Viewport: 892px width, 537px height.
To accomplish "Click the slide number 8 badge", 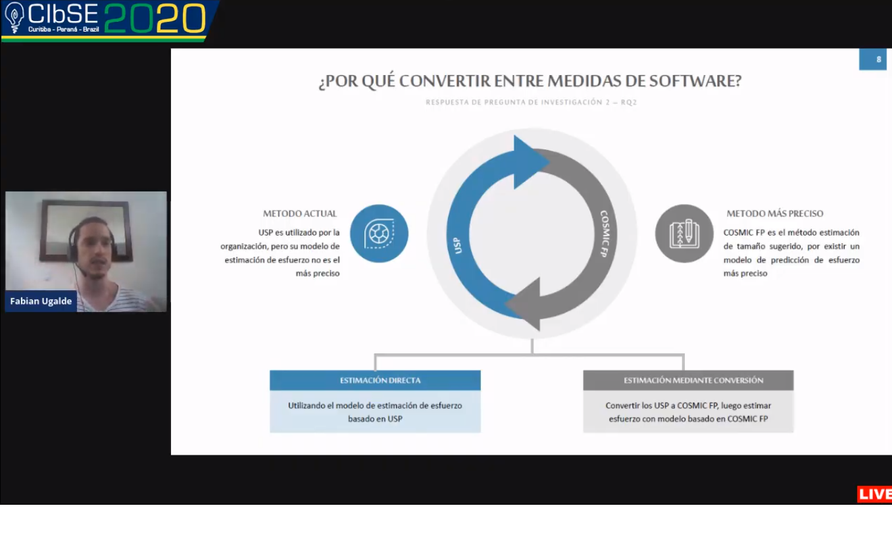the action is pyautogui.click(x=872, y=59).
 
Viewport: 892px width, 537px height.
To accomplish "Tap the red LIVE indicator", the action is pyautogui.click(x=874, y=494).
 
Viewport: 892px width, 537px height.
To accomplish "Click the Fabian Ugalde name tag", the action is pyautogui.click(x=41, y=301).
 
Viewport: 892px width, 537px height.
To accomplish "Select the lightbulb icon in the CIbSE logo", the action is pyautogui.click(x=14, y=17).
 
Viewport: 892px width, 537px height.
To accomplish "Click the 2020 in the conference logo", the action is pyautogui.click(x=155, y=18).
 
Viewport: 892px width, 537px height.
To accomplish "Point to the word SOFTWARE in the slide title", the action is pyautogui.click(x=695, y=81).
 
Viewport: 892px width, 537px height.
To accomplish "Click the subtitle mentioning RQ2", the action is pyautogui.click(x=532, y=103).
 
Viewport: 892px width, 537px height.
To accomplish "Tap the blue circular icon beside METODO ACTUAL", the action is pyautogui.click(x=379, y=234).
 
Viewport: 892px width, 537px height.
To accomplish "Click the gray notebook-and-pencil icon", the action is pyautogui.click(x=684, y=234).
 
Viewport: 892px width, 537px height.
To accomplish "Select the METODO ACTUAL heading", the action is pyautogui.click(x=300, y=213).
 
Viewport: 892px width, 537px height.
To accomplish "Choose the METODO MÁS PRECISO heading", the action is pyautogui.click(x=775, y=213).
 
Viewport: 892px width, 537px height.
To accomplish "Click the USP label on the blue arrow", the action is pyautogui.click(x=458, y=245).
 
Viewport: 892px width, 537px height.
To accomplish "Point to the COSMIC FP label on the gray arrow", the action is pyautogui.click(x=605, y=234).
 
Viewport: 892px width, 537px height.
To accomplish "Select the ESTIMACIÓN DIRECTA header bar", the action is pyautogui.click(x=375, y=380).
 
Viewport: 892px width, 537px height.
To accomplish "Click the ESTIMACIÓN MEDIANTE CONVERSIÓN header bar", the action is pyautogui.click(x=688, y=380).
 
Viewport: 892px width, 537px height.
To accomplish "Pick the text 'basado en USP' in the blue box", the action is pyautogui.click(x=375, y=419).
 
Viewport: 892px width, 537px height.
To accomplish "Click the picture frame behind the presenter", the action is pyautogui.click(x=86, y=230).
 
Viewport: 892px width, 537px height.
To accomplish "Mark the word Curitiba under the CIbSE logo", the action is pyautogui.click(x=39, y=30).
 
